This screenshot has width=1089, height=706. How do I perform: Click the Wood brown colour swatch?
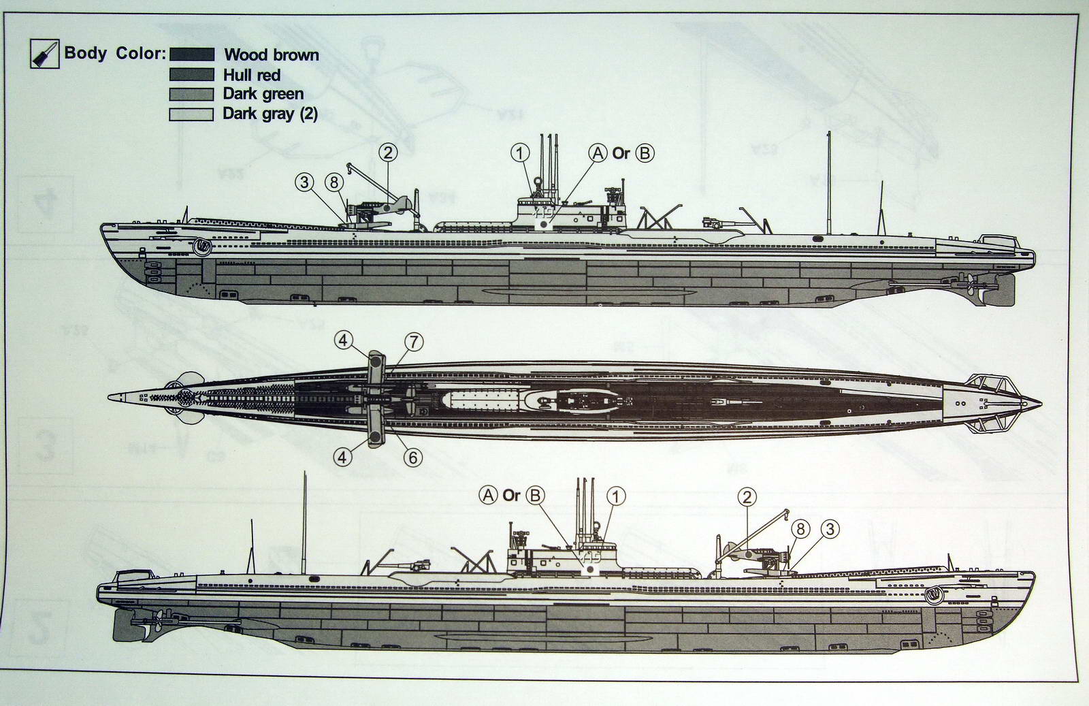point(191,54)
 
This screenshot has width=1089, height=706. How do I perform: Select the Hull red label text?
point(251,75)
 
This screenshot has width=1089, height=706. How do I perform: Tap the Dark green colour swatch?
point(191,94)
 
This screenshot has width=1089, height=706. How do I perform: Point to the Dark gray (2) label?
point(270,113)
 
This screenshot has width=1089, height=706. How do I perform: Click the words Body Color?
point(114,53)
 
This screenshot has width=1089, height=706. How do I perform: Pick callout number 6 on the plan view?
point(412,458)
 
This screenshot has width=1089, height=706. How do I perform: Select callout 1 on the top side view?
point(519,153)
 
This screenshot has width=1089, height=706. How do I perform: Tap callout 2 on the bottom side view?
point(747,496)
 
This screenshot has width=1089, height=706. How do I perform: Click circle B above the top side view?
point(644,153)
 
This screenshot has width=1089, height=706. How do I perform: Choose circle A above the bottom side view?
point(488,495)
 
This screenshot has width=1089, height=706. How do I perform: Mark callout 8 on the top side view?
point(333,182)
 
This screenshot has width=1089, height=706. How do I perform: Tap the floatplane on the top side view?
point(385,208)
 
